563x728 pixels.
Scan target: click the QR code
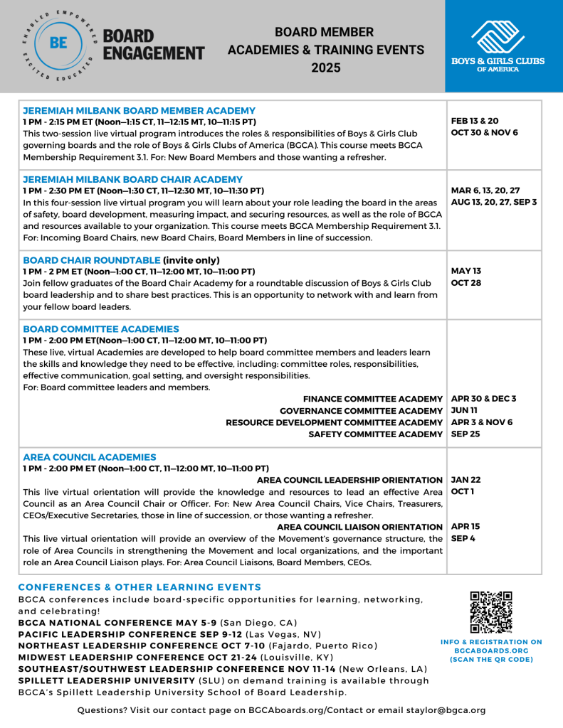click(x=491, y=612)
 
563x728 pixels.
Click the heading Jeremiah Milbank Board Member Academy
click(x=139, y=111)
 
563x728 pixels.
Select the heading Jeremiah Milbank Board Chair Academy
click(x=132, y=179)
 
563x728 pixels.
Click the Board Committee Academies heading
click(x=101, y=329)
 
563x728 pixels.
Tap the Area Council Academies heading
click(x=90, y=456)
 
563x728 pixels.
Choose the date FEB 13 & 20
click(x=475, y=121)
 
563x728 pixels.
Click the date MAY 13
click(x=466, y=272)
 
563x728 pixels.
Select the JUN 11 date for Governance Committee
click(x=465, y=410)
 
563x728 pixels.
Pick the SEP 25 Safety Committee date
click(x=465, y=434)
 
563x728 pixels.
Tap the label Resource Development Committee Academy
click(x=335, y=422)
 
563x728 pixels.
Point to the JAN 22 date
click(x=466, y=480)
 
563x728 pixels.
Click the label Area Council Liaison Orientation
click(x=359, y=527)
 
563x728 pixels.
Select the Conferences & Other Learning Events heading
click(x=140, y=587)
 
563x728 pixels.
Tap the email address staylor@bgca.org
click(x=446, y=710)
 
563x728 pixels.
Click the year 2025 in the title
click(x=326, y=68)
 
